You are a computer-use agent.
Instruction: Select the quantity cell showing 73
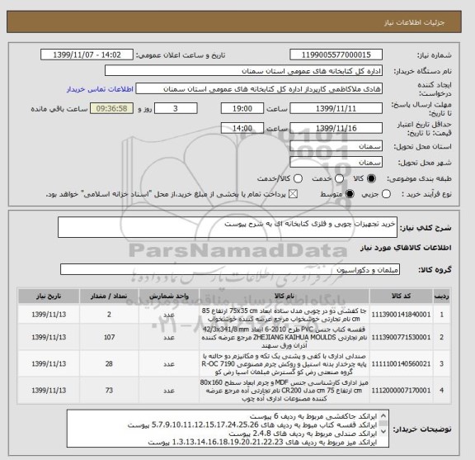111,388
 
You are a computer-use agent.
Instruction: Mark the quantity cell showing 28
111,363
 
